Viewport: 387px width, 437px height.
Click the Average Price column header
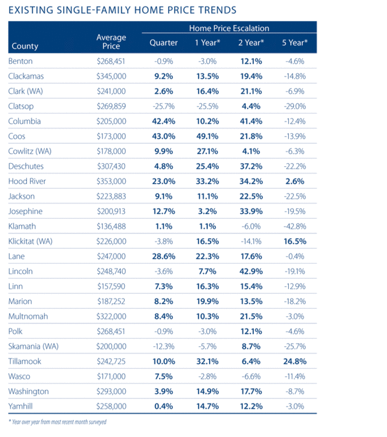pyautogui.click(x=111, y=41)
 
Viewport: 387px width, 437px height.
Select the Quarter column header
pyautogui.click(x=164, y=43)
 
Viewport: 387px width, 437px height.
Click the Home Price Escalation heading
pyautogui.click(x=229, y=28)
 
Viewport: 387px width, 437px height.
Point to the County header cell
pyautogui.click(x=25, y=46)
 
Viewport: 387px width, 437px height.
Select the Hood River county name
pyautogui.click(x=27, y=181)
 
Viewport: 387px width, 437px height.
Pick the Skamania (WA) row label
pyautogui.click(x=34, y=346)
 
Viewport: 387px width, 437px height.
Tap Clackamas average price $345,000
pyautogui.click(x=111, y=76)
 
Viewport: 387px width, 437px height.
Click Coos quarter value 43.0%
pyautogui.click(x=164, y=136)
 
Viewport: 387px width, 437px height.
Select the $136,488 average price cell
pyautogui.click(x=111, y=226)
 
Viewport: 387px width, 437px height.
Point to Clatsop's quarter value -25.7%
pyautogui.click(x=164, y=106)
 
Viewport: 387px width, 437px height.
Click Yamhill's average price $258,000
pyautogui.click(x=111, y=407)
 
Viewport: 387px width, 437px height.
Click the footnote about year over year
pyautogui.click(x=57, y=421)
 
